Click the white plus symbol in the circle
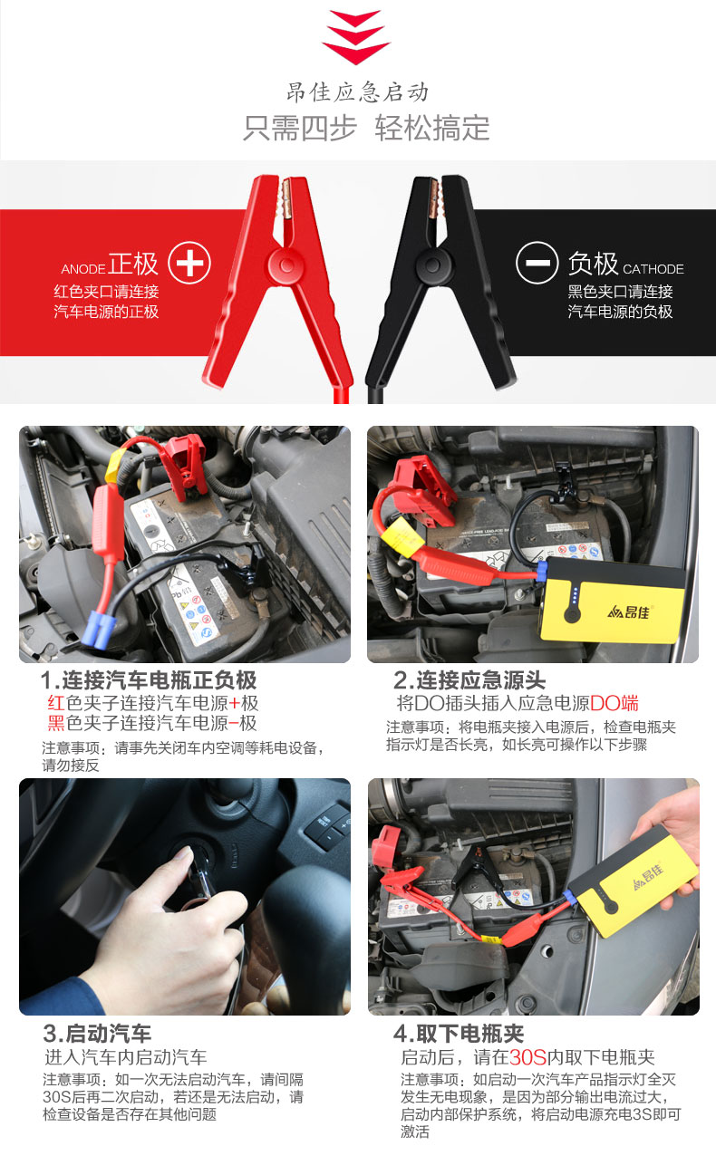click(x=189, y=263)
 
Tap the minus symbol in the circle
click(x=537, y=263)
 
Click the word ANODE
click(x=83, y=269)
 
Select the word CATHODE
click(x=653, y=269)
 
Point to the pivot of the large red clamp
click(x=286, y=265)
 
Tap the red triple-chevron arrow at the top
click(x=356, y=37)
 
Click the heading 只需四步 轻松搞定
click(x=366, y=128)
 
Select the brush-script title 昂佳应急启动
click(x=357, y=91)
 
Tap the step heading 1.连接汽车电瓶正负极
click(x=149, y=680)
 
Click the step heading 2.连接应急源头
click(x=469, y=680)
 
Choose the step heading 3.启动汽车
click(x=97, y=1034)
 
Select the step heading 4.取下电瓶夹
click(x=459, y=1034)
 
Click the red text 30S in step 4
click(x=528, y=1057)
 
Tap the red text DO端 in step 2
click(x=614, y=703)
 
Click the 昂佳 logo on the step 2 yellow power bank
click(x=628, y=612)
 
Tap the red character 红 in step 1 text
click(x=56, y=703)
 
